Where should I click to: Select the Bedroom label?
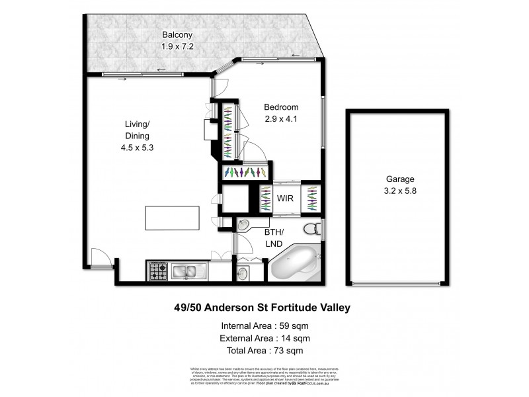click(281, 107)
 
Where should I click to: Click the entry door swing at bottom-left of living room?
click(99, 261)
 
